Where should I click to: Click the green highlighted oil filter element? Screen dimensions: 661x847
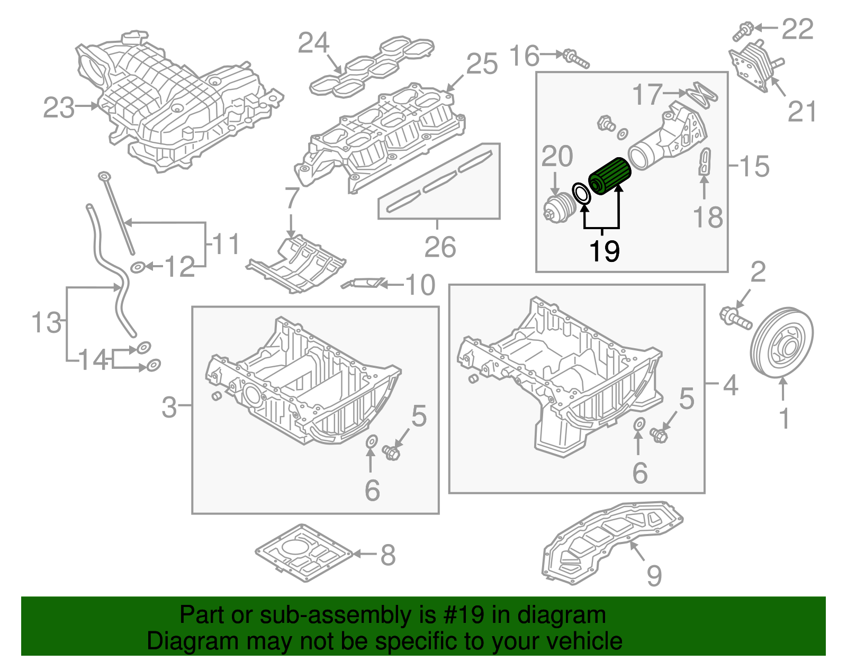tap(610, 176)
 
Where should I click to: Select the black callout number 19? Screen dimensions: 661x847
tap(604, 250)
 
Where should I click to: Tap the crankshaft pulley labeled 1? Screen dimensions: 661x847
tap(782, 342)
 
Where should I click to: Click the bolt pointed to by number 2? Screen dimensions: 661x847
tap(735, 319)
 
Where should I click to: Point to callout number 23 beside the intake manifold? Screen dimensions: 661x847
tap(58, 108)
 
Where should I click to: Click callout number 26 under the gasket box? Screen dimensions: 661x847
tap(440, 247)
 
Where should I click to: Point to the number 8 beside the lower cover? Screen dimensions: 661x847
tap(388, 555)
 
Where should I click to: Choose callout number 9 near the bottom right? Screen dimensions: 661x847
tap(654, 575)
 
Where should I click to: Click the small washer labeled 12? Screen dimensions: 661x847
tap(137, 266)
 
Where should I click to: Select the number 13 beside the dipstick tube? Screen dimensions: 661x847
tap(47, 322)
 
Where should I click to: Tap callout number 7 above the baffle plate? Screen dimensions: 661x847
tap(292, 198)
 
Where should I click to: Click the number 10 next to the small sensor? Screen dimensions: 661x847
tap(420, 285)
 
